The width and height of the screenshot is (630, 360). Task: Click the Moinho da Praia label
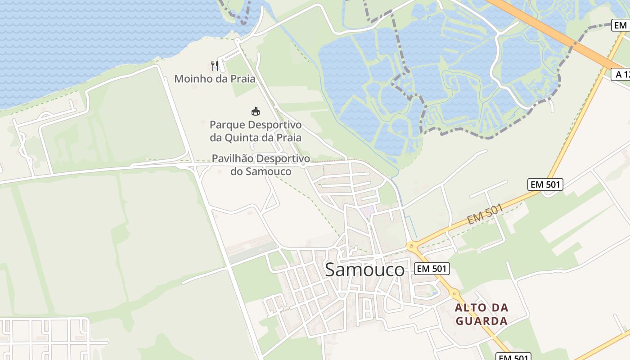[x=215, y=79]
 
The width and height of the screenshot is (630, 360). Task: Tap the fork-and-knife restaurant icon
[x=215, y=66]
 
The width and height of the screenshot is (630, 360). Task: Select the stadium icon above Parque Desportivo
[x=256, y=111]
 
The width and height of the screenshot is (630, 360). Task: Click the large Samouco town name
[x=364, y=270]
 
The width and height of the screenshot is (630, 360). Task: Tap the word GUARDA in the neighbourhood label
[x=481, y=321]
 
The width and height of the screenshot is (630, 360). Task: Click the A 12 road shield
[x=621, y=74]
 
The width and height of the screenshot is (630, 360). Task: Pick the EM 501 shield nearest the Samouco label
[x=432, y=269]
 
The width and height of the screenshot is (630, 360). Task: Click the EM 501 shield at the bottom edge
[x=513, y=357]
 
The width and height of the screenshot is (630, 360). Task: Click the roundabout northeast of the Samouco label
[x=410, y=246]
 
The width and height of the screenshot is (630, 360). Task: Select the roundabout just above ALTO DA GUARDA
[x=454, y=293]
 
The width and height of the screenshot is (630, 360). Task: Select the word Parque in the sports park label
[x=228, y=125]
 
